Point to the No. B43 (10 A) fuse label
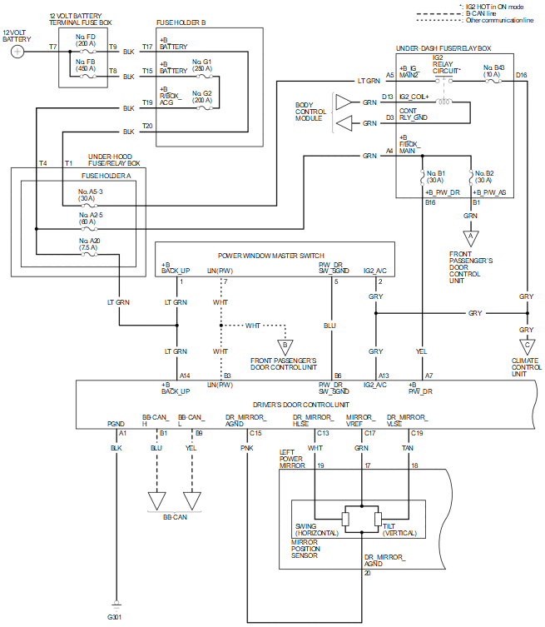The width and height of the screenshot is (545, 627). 493,69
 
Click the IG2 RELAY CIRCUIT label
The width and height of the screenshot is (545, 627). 446,65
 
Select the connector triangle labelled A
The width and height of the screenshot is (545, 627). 471,237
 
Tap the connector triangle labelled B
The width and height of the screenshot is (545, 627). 285,344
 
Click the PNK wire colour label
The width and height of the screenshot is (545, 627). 247,448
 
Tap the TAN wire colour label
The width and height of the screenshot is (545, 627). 409,448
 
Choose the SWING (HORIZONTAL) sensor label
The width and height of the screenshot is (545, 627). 316,530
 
